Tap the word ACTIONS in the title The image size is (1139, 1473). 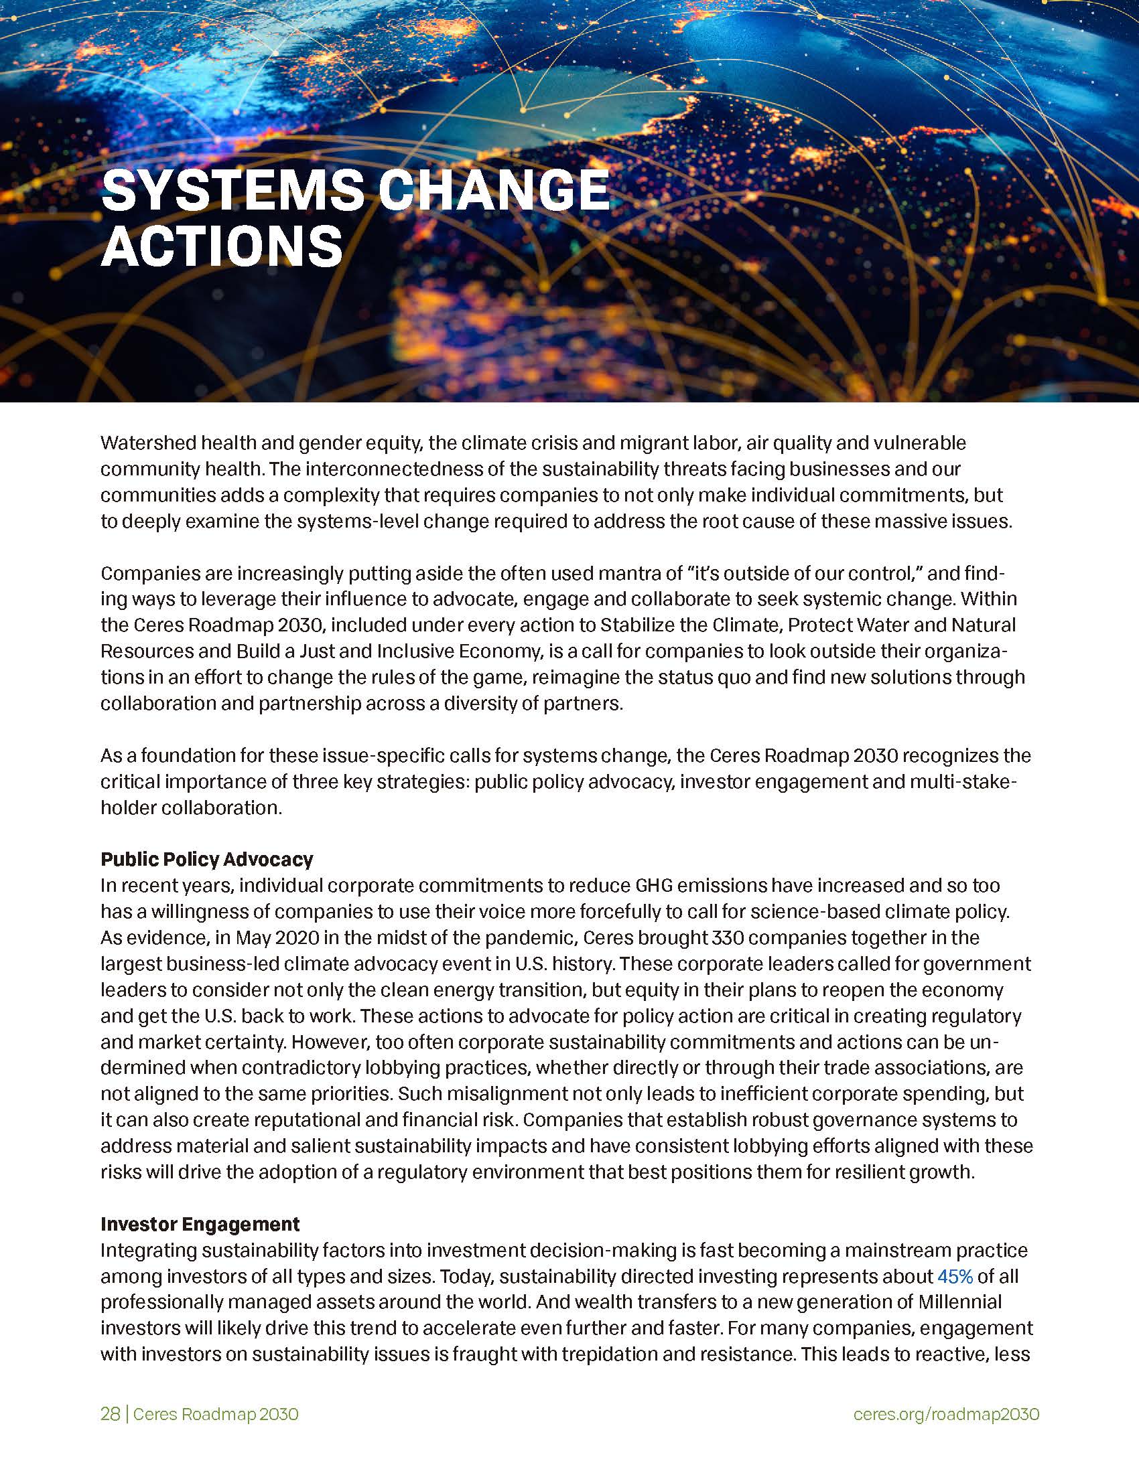[222, 246]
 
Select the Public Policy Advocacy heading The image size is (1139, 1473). [206, 858]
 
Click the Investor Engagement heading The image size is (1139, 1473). [200, 1223]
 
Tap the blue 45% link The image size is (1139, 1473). [955, 1276]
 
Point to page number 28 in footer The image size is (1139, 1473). [110, 1414]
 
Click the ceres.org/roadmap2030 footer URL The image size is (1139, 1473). [946, 1414]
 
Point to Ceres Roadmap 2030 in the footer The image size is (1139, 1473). [215, 1414]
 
